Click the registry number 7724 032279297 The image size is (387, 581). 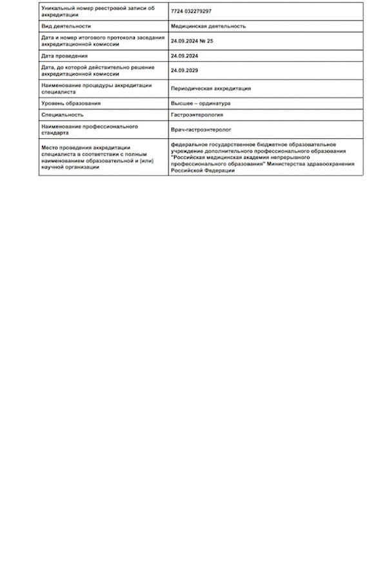(x=191, y=12)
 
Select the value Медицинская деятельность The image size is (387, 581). (x=208, y=26)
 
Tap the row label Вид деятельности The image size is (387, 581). (x=66, y=26)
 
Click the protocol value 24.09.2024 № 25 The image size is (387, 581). (x=192, y=40)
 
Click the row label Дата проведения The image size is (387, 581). (x=64, y=56)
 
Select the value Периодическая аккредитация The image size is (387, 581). (x=211, y=88)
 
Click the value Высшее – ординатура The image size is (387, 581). (x=201, y=103)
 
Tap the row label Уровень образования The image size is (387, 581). (x=71, y=103)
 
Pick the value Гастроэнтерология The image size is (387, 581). (x=197, y=114)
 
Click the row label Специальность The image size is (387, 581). (x=62, y=114)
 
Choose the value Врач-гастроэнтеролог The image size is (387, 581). (x=201, y=130)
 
